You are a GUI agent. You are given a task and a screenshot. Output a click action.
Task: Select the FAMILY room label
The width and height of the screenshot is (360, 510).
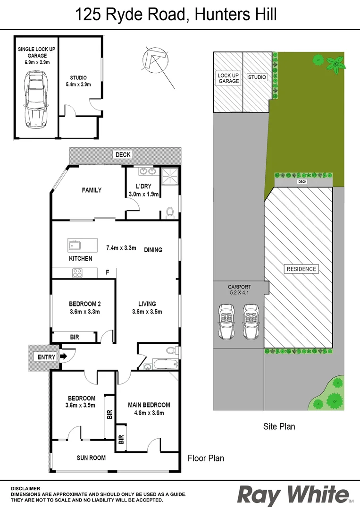tap(92, 190)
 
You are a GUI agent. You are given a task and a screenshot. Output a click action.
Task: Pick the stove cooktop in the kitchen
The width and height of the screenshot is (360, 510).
tap(77, 272)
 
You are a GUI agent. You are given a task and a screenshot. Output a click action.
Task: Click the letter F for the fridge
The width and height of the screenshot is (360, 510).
tap(108, 272)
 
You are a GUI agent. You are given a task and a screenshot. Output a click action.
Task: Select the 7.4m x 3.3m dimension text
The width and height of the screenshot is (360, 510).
tap(121, 247)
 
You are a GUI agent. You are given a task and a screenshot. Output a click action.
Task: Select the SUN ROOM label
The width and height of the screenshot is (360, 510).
tap(91, 458)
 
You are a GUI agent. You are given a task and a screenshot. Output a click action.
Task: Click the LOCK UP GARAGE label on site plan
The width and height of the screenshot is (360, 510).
tap(228, 78)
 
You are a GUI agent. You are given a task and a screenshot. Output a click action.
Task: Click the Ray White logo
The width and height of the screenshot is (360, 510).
tap(293, 494)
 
